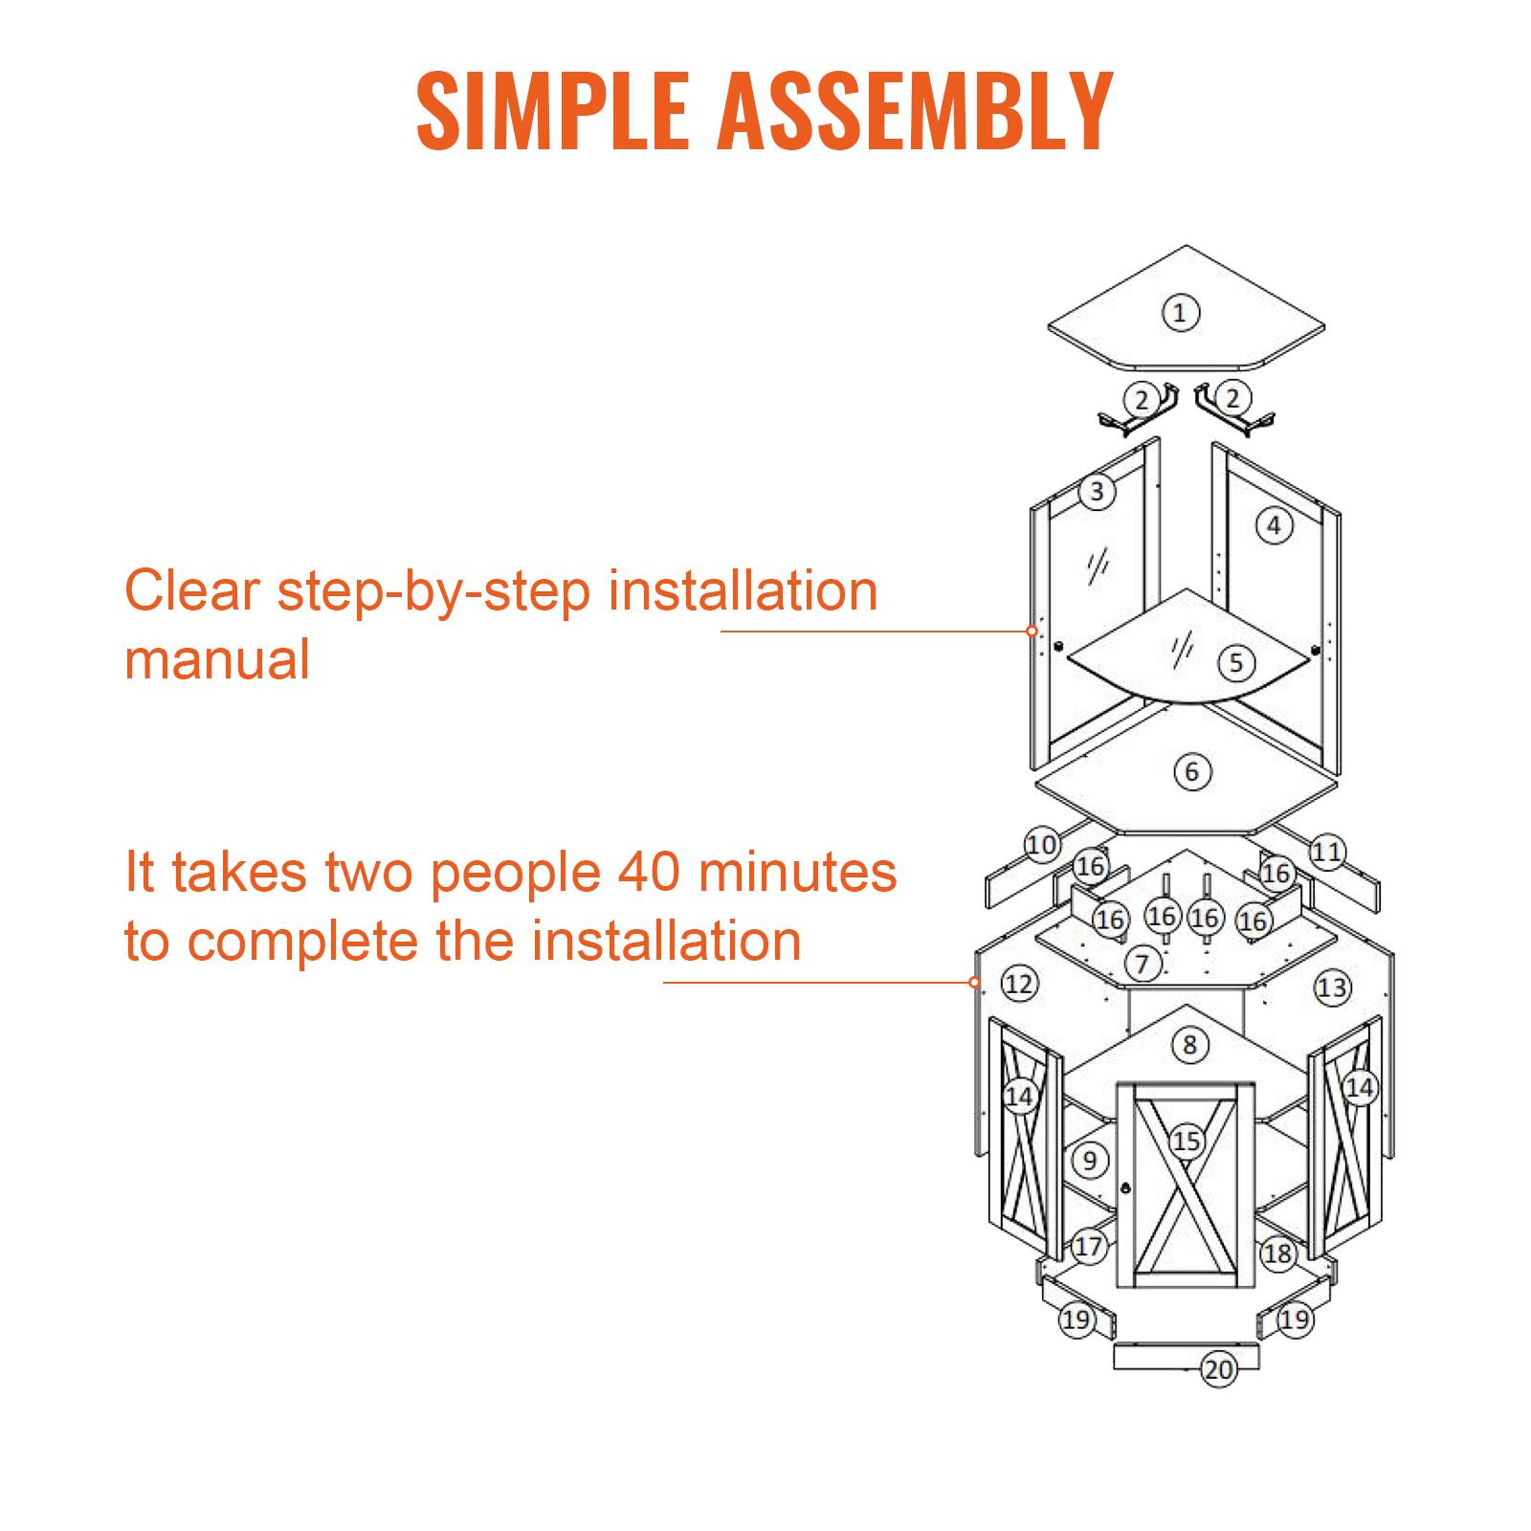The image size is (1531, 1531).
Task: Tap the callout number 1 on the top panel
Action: point(1180,312)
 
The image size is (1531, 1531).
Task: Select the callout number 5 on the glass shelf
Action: point(1236,662)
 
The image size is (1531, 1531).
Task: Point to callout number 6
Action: point(1192,771)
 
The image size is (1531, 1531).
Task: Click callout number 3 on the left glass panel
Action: point(1098,492)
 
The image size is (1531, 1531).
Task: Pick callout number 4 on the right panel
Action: point(1274,524)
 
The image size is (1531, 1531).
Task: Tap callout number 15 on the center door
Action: point(1187,1141)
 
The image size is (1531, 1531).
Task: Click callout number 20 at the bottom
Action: point(1219,1370)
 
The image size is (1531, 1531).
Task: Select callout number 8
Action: point(1189,1044)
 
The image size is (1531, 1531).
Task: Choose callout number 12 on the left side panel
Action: point(1020,983)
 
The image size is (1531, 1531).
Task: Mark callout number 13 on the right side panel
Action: point(1332,987)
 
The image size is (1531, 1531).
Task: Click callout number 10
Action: point(1042,845)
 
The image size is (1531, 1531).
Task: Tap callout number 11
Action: point(1327,852)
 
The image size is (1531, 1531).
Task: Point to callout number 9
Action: point(1090,1161)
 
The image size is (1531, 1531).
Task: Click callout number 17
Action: point(1089,1246)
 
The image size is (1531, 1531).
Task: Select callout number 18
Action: point(1278,1253)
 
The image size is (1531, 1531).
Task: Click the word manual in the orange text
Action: point(217,659)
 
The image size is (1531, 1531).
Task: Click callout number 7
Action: point(1142,963)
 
